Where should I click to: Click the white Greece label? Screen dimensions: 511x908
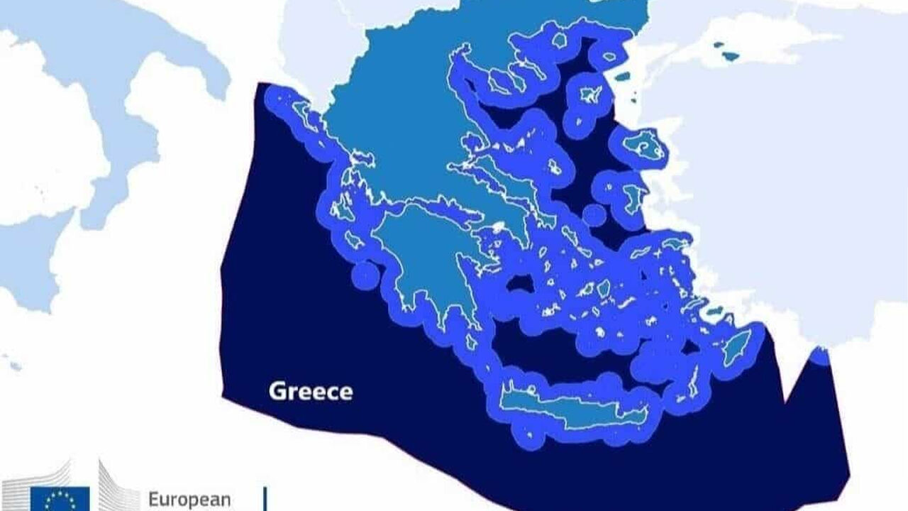tap(310, 391)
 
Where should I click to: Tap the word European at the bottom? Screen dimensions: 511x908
tap(189, 499)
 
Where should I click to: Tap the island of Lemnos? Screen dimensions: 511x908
tap(589, 95)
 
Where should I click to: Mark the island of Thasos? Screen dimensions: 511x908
tap(560, 40)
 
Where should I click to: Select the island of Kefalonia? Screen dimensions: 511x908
tap(342, 209)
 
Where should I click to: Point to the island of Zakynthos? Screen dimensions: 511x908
tap(354, 242)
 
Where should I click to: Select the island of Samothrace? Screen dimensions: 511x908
tap(609, 55)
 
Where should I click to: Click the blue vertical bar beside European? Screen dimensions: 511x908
tap(265, 499)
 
